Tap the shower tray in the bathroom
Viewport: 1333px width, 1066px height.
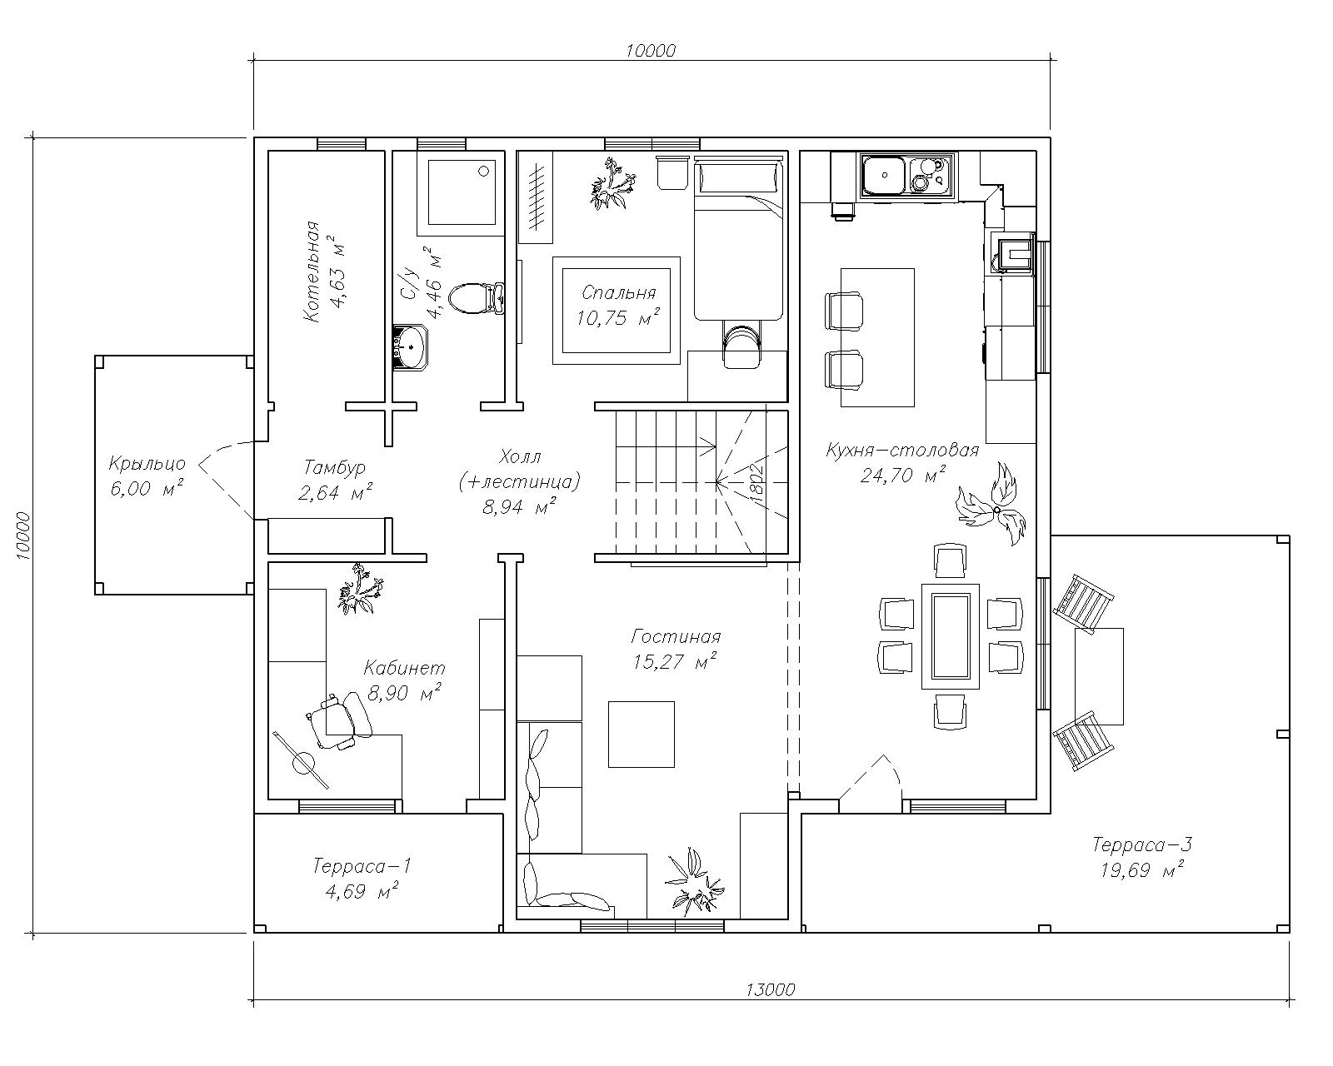click(462, 192)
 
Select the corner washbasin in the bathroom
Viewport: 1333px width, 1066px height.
click(409, 347)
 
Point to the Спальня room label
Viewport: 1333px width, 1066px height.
click(619, 292)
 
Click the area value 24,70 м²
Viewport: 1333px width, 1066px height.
click(902, 475)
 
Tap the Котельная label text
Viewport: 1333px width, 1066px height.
click(312, 271)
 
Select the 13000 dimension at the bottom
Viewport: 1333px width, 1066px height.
click(770, 990)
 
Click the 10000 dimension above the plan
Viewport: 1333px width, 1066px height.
click(651, 51)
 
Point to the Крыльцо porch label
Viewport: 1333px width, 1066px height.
click(147, 463)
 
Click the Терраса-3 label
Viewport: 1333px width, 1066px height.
click(1141, 844)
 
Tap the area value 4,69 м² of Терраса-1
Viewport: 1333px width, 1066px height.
click(361, 891)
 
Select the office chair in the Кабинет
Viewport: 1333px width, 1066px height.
click(339, 720)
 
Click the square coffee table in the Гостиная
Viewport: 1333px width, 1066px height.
click(642, 734)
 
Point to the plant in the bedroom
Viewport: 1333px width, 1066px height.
click(613, 184)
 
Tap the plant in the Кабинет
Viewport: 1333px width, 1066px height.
click(358, 589)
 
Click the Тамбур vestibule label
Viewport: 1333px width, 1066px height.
click(335, 466)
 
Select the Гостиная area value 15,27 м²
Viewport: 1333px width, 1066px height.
click(675, 662)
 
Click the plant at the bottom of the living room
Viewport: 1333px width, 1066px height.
click(694, 882)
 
